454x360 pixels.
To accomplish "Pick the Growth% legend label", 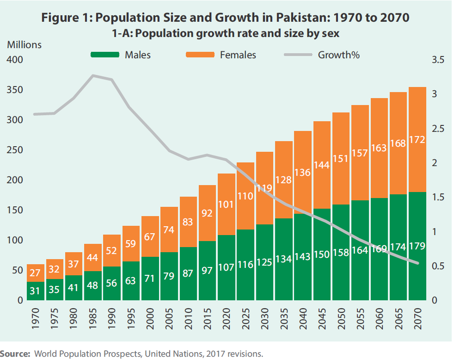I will click(x=339, y=55).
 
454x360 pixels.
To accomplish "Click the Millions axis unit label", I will click(x=24, y=45).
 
